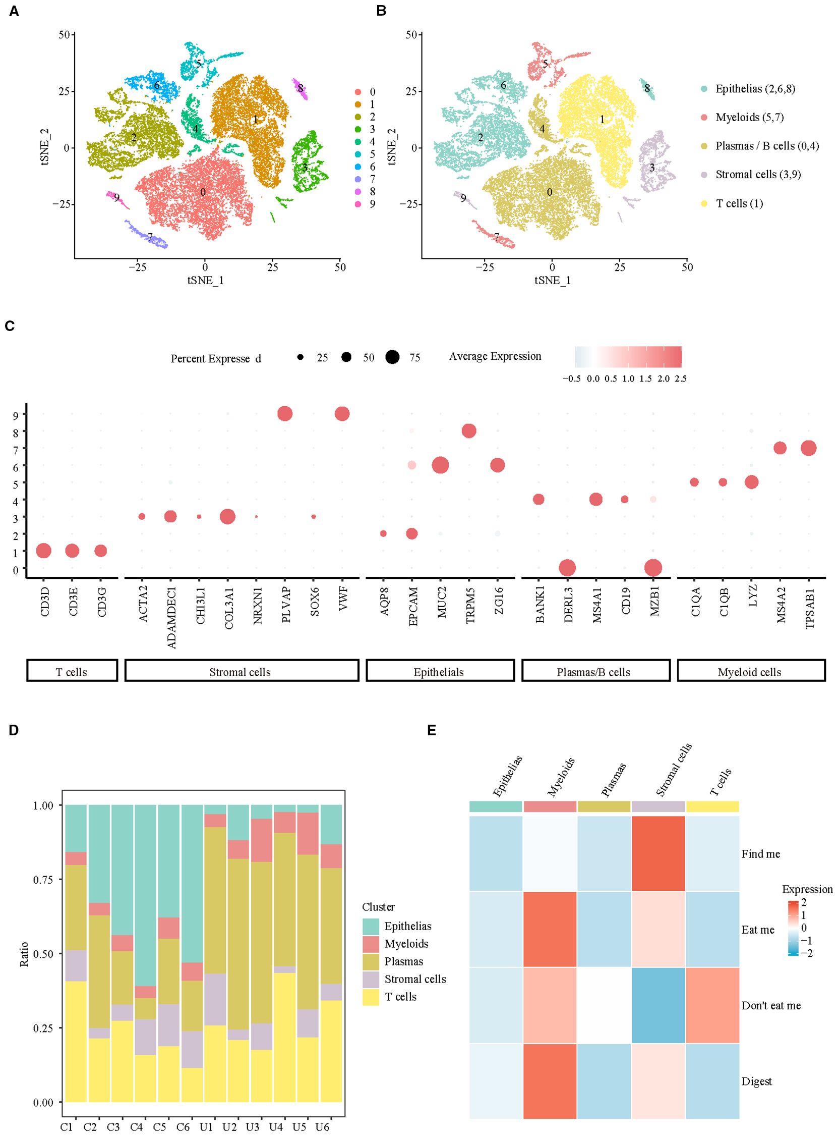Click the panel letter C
9,327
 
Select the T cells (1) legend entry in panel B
739,203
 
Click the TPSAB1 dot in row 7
809,448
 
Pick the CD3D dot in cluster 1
44,550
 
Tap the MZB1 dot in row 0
653,568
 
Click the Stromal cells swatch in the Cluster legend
371,979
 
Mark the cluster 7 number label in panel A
150,237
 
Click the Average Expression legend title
495,356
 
